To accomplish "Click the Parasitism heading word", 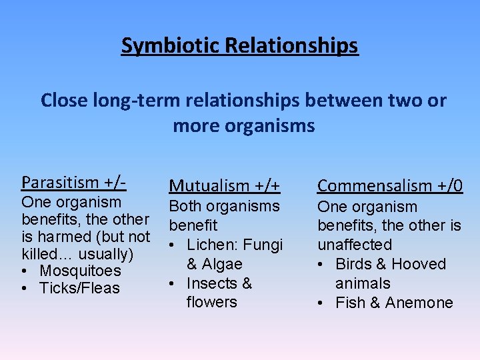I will click(61, 181).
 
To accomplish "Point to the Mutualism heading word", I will click(207, 186).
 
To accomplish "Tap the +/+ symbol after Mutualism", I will click(265, 186).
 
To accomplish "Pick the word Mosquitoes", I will click(80, 271).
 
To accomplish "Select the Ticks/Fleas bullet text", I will click(79, 289).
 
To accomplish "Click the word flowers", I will click(211, 302).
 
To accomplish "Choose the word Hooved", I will click(421, 264).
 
